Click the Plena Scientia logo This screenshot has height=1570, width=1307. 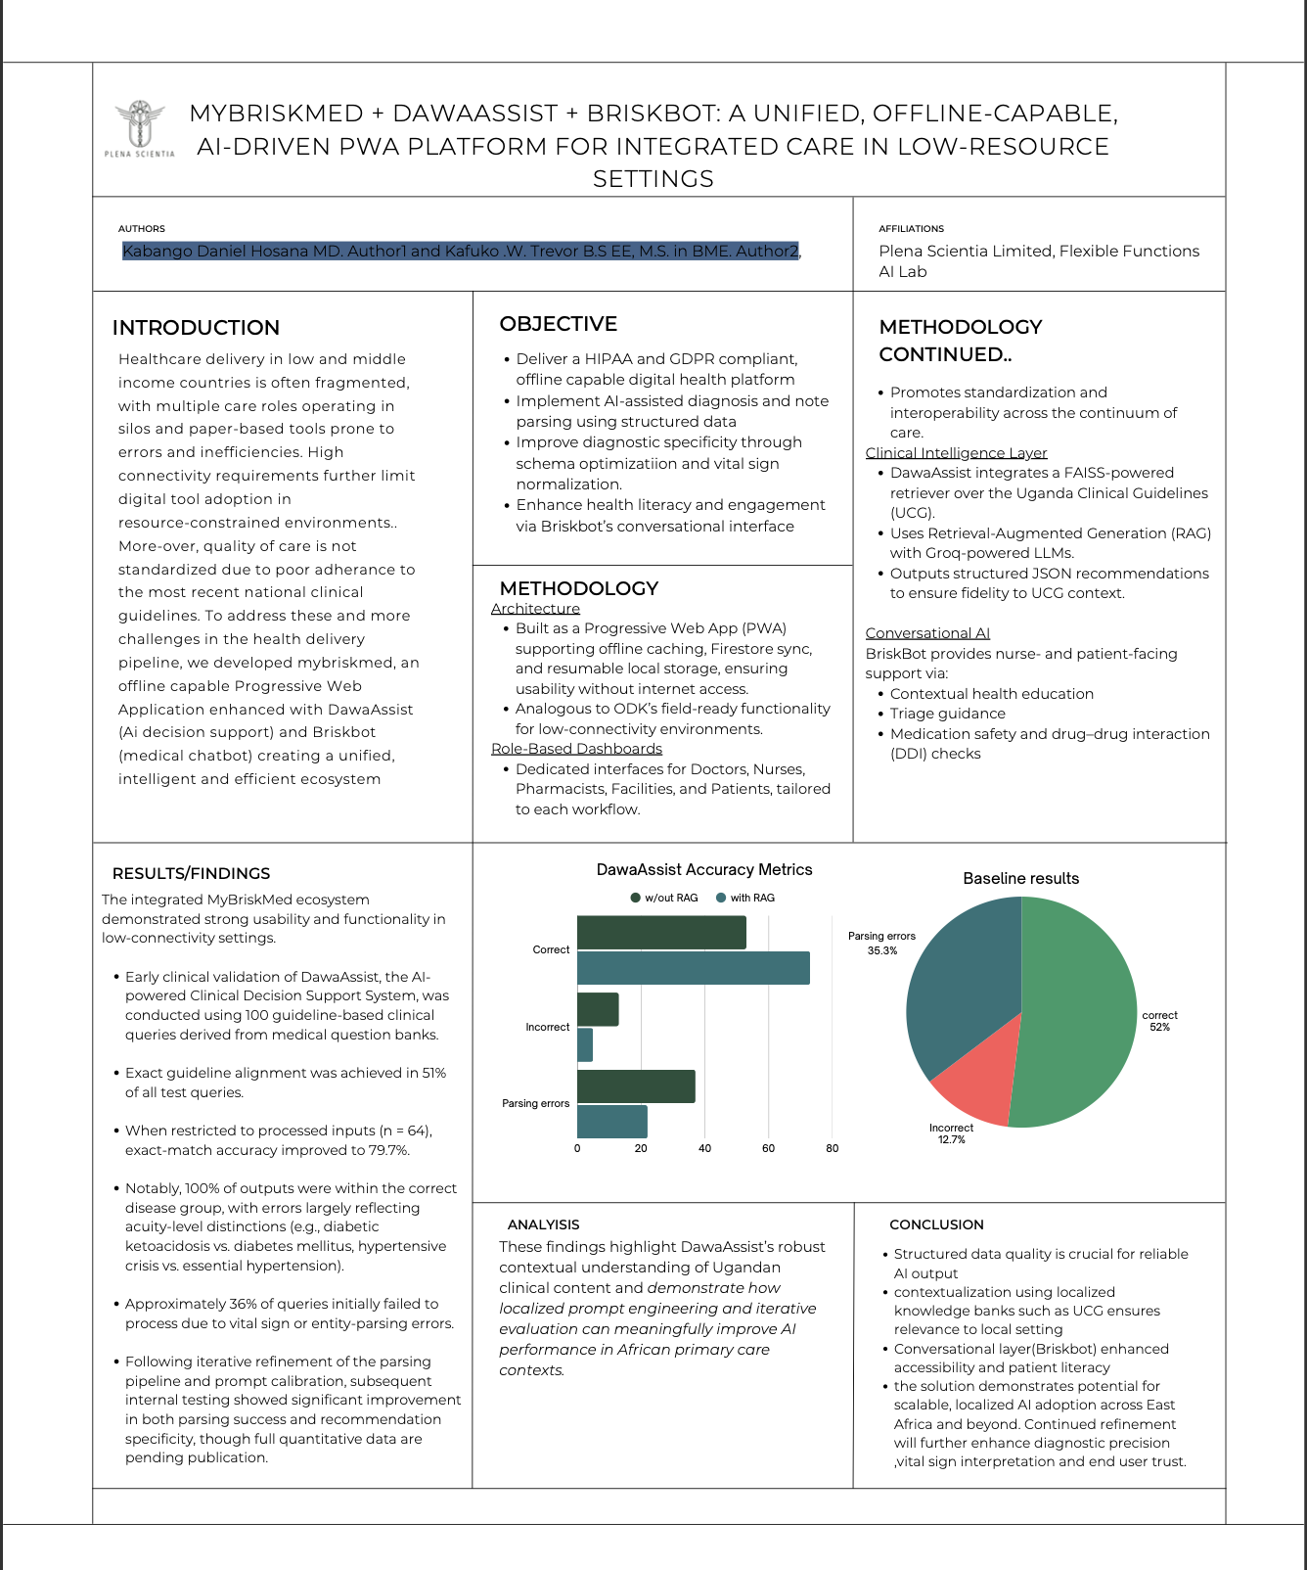[140, 128]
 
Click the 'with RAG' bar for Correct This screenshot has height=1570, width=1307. [693, 968]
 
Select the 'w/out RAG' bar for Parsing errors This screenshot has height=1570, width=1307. [636, 1086]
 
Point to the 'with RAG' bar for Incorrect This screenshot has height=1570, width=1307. [585, 1044]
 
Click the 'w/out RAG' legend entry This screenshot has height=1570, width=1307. [665, 898]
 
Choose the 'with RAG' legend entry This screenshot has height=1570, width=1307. [745, 898]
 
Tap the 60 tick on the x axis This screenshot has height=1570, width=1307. [768, 1148]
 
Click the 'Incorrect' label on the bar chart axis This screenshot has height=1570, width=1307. [547, 1027]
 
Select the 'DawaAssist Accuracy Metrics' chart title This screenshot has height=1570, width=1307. [704, 869]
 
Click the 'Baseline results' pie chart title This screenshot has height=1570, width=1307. [1020, 878]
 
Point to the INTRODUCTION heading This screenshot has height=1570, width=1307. [196, 328]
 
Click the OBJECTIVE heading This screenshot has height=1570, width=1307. [558, 324]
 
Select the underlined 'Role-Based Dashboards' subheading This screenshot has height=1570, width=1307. [576, 749]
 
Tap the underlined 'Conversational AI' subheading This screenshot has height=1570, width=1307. [927, 633]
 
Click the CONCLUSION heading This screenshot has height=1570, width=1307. [936, 1224]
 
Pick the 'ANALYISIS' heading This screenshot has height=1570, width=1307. [543, 1224]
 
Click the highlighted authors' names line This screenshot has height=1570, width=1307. [460, 252]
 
